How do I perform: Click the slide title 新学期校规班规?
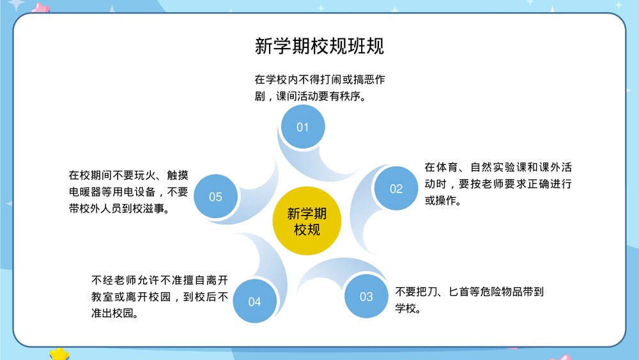pos(319,47)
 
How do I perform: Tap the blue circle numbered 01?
pos(303,127)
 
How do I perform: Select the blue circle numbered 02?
pos(396,188)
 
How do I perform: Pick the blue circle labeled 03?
pos(366,296)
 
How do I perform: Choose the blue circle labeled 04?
pos(254,301)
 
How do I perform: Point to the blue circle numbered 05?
pos(215,196)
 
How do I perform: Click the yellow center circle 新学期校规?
pos(307,221)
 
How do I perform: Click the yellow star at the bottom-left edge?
pos(59,354)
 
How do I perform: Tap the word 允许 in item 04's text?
pos(150,281)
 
